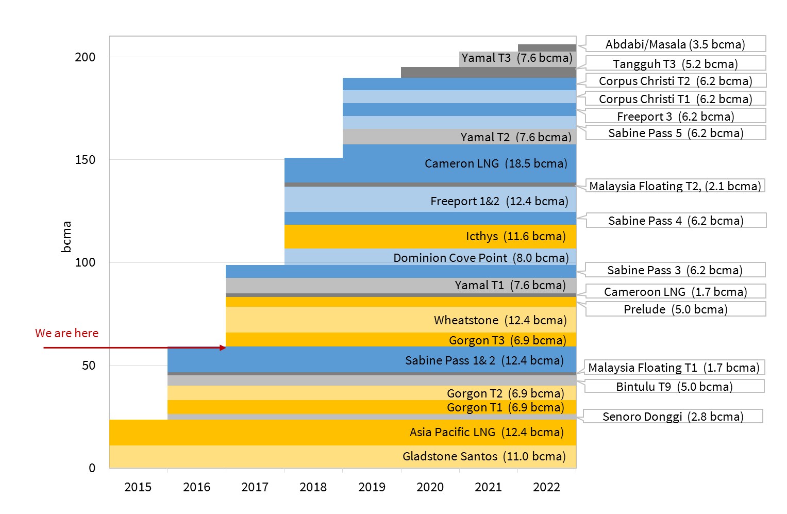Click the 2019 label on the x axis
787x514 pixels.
(x=372, y=487)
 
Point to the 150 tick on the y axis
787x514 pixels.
(x=85, y=160)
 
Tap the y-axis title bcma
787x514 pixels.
(x=66, y=237)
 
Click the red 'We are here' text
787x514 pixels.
(x=66, y=333)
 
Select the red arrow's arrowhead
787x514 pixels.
(x=223, y=347)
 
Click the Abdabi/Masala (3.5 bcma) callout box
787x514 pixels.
(x=675, y=44)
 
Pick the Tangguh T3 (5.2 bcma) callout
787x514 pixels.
(x=675, y=64)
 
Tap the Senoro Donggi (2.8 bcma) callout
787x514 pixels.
(x=673, y=417)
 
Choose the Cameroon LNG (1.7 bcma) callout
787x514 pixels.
(x=675, y=292)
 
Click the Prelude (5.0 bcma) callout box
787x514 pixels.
(x=675, y=309)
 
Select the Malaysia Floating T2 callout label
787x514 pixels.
(x=675, y=186)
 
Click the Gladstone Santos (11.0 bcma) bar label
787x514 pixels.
(x=483, y=456)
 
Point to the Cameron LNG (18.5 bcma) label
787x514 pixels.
(x=495, y=163)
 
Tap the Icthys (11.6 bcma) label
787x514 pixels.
(x=515, y=236)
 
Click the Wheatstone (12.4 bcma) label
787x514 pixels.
(x=500, y=320)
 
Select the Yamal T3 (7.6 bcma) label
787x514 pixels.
(x=516, y=58)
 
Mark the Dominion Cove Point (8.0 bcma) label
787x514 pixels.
(x=480, y=258)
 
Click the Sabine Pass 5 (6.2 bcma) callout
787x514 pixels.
(x=675, y=133)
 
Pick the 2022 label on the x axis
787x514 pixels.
(x=546, y=487)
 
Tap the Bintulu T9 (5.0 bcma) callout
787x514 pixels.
(x=674, y=387)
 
